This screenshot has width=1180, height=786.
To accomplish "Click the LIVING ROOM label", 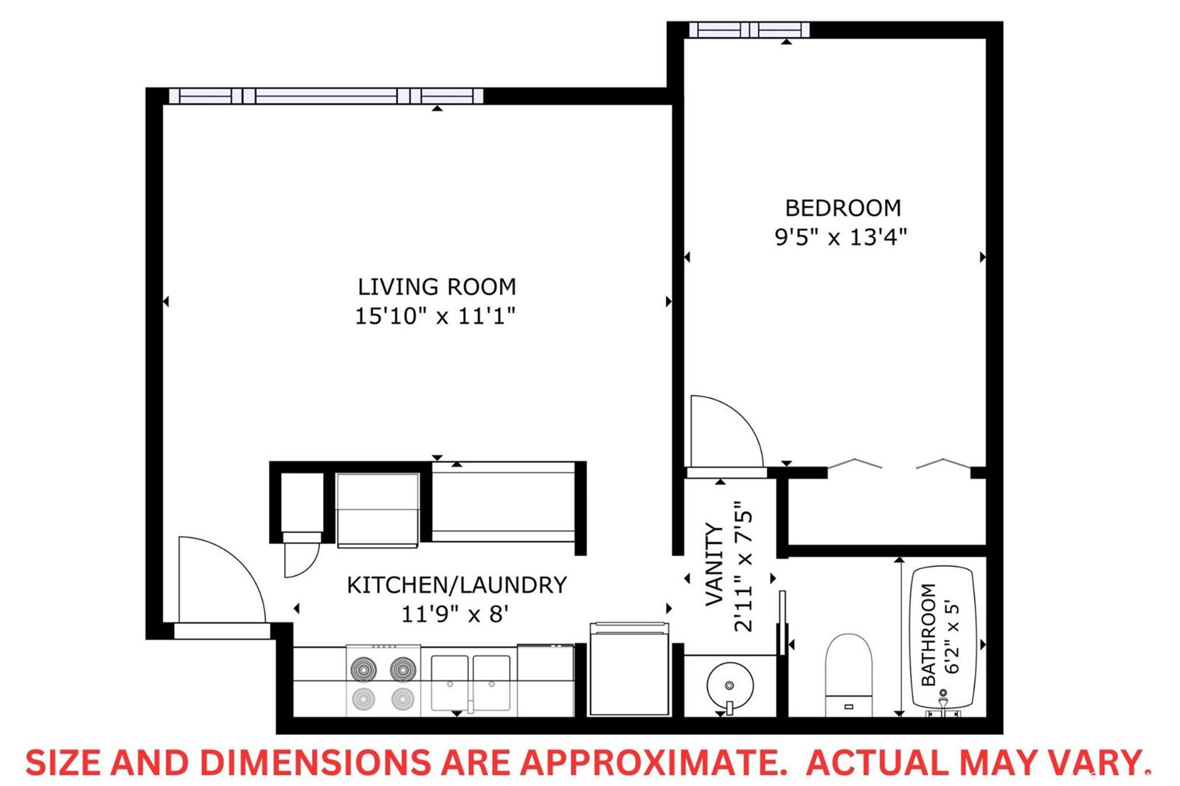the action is (437, 287).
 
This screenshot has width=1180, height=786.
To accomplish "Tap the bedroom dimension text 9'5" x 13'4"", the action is (841, 237).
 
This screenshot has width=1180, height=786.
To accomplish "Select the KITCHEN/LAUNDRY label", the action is (457, 585).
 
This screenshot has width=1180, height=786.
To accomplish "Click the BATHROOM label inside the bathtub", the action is (929, 634).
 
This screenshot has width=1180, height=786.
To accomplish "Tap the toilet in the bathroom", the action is (849, 675).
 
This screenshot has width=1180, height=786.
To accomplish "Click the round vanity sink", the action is (729, 686).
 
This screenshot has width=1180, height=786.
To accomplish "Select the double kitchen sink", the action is (471, 684).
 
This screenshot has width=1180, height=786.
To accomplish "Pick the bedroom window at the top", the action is (749, 30).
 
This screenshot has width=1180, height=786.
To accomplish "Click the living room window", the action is (326, 96).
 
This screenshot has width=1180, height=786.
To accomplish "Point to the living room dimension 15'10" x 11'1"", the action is (435, 316).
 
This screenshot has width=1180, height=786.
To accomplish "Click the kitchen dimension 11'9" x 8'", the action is (454, 614).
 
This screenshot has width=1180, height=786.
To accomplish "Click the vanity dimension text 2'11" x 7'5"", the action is (743, 566).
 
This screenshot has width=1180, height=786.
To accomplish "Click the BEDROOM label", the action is (843, 208).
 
